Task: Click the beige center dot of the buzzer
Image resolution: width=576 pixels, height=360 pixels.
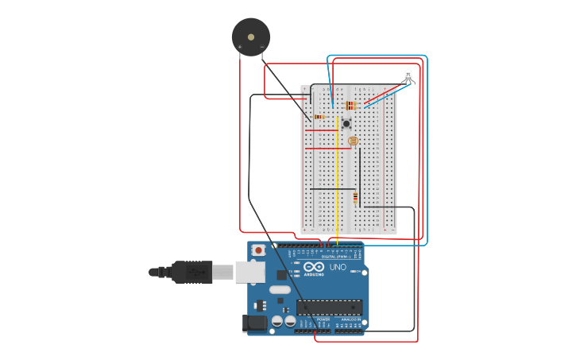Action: pos(251,37)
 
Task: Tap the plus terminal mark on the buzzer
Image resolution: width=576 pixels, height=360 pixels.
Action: pos(240,48)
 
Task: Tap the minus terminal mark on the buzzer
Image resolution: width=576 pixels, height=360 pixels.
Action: pos(262,48)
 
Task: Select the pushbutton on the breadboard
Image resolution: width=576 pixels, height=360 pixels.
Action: pos(346,123)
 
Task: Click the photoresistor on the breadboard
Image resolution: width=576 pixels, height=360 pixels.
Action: pos(353,141)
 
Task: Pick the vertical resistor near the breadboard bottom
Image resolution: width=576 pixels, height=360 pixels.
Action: pos(355,197)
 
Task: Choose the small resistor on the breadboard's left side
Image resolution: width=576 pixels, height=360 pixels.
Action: pos(319,117)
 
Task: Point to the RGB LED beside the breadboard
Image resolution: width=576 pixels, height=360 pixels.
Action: pos(408,76)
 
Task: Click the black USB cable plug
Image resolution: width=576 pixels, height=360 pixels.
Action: pos(191,272)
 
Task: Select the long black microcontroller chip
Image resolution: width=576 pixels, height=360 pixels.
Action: pos(330,307)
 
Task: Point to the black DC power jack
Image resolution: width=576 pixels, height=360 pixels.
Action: pos(254,323)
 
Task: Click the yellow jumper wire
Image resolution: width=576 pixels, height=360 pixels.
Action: pos(338,183)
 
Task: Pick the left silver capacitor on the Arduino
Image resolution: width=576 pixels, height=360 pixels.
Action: pos(277,321)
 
